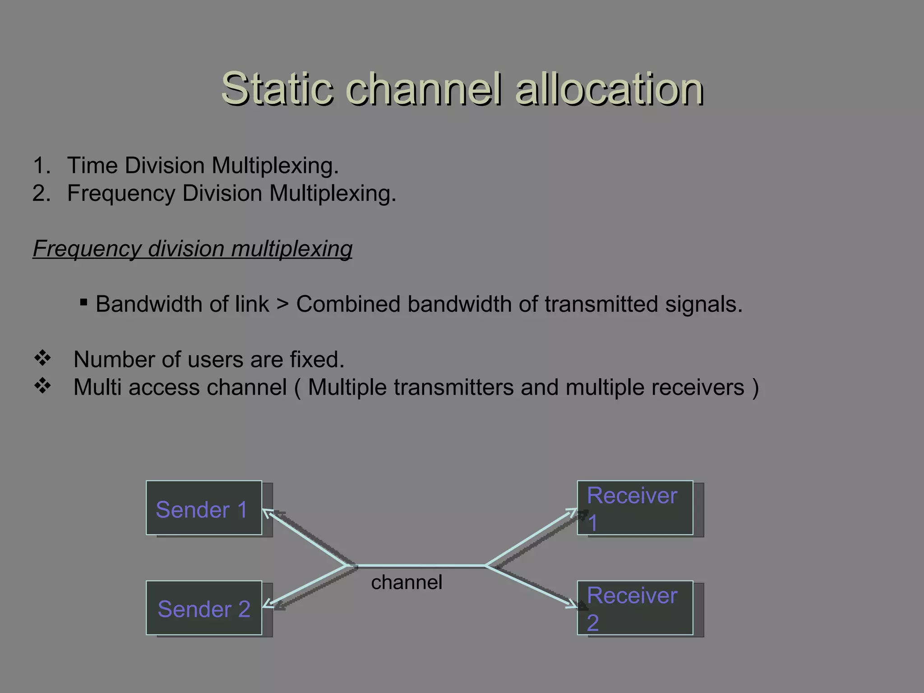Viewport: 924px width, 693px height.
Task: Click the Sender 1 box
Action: pos(204,508)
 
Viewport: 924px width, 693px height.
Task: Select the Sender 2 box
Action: pos(204,608)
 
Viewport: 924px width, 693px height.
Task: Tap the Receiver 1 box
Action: pos(635,508)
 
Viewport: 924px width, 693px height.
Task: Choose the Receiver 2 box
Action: pos(635,608)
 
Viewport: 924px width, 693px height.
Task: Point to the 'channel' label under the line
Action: pos(407,582)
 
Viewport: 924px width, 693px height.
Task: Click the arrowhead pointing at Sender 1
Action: pos(267,513)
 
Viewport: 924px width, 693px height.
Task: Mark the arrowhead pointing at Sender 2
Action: pos(267,605)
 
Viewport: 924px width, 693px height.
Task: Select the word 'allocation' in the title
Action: pos(609,88)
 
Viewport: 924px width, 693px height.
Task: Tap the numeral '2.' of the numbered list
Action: pos(41,194)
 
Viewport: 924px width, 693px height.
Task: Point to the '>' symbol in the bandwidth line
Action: pos(282,304)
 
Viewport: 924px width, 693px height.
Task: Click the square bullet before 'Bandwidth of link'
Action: pos(83,302)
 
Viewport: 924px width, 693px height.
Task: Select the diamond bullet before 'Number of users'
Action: pos(42,358)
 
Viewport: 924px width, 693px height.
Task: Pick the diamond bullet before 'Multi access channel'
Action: pos(42,386)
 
